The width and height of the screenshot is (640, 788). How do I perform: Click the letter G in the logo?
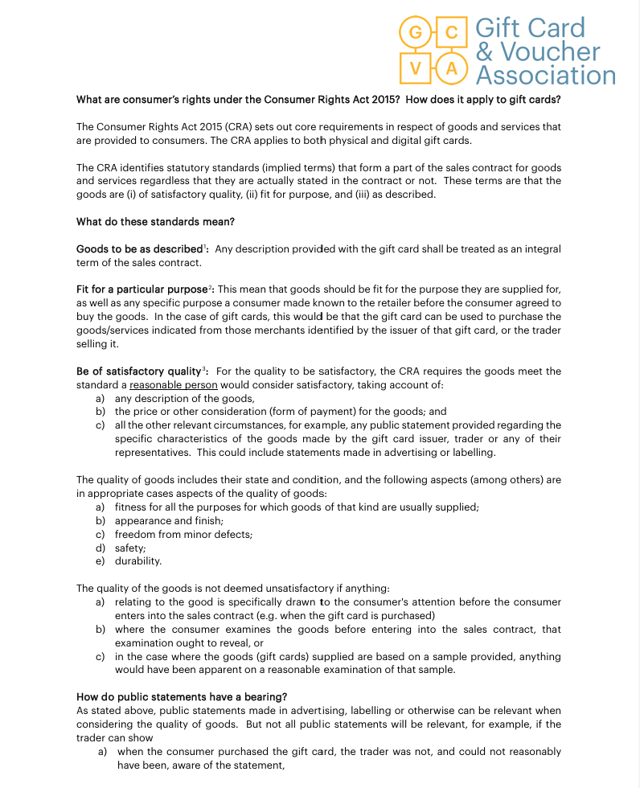pos(416,33)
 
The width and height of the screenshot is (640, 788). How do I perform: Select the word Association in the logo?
pos(545,76)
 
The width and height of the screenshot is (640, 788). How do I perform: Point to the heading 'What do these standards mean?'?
pos(155,222)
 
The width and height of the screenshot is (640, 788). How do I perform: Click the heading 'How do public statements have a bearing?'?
pos(182,696)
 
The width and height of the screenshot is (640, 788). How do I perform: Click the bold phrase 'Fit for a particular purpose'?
pos(143,289)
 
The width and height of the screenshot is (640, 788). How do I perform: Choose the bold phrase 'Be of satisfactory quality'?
pos(138,371)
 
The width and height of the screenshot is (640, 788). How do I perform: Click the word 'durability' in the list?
pos(137,561)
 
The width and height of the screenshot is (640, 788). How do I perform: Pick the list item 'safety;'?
pos(130,548)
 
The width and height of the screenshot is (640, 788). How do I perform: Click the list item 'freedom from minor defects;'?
pos(183,534)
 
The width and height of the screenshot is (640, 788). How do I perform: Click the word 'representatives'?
pos(154,453)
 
